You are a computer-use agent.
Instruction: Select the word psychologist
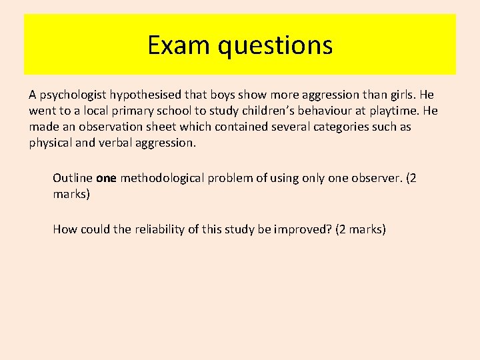(x=73, y=95)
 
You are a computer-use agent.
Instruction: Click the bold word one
(x=106, y=178)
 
